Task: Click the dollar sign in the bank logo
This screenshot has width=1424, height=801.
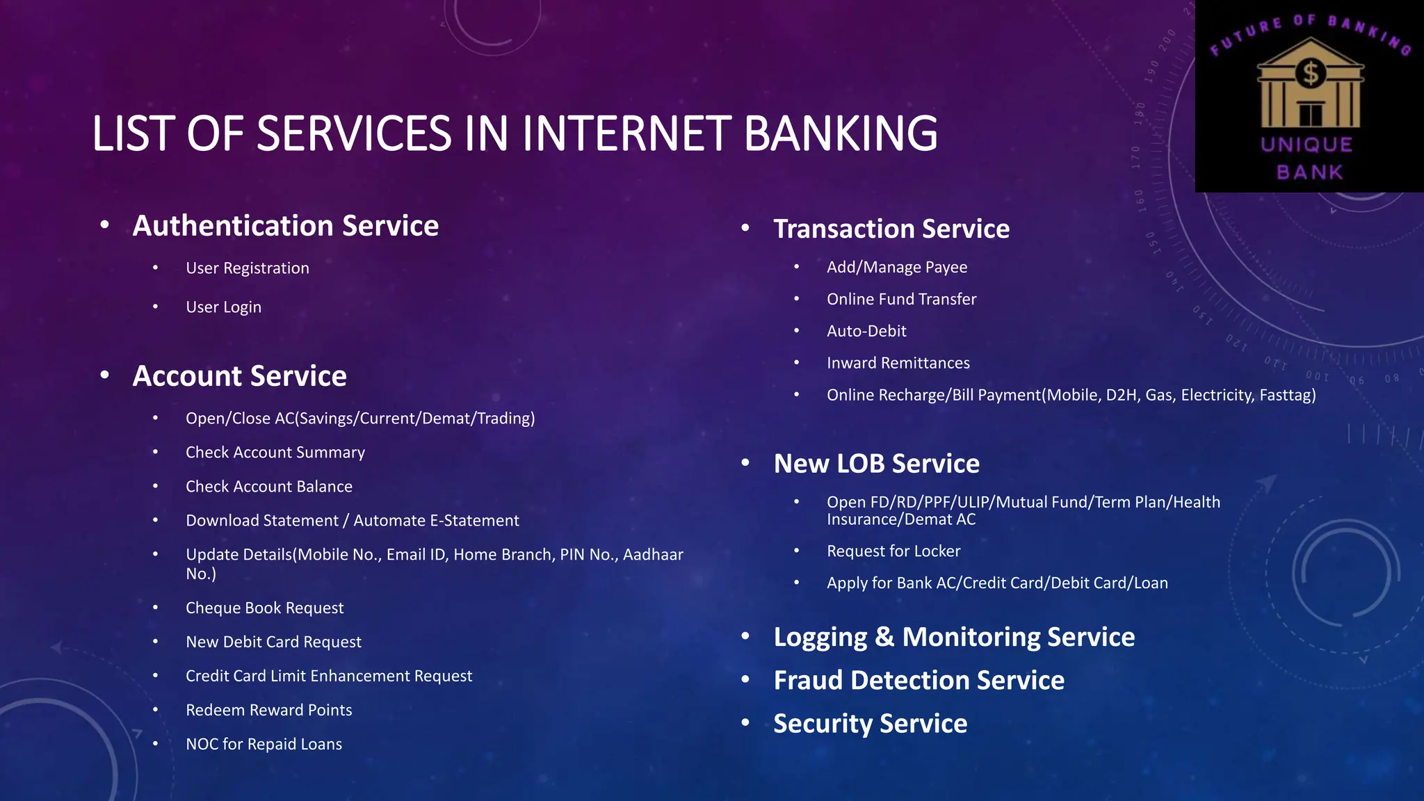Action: point(1311,73)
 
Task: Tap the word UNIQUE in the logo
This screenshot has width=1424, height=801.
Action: point(1307,145)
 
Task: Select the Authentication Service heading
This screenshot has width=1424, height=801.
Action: point(285,226)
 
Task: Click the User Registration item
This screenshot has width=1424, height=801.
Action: point(247,268)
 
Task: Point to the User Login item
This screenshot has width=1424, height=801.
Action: point(223,307)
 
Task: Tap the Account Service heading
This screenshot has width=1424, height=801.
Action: point(239,376)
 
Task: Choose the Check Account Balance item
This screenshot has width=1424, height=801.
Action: point(268,487)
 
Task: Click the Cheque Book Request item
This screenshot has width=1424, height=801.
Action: point(264,608)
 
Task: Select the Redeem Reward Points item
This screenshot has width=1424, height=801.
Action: point(268,711)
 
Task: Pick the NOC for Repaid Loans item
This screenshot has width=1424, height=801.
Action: point(264,745)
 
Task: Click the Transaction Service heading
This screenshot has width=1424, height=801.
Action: point(891,229)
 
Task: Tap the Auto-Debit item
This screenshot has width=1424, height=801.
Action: point(866,332)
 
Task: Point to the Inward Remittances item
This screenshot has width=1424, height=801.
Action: point(898,364)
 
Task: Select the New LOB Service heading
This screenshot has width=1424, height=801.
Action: point(876,464)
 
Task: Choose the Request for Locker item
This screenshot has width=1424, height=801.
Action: point(893,551)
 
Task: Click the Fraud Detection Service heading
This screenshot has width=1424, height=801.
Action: point(919,680)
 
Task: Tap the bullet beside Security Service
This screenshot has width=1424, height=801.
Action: point(745,722)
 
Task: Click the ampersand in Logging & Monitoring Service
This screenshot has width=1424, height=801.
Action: point(884,638)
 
